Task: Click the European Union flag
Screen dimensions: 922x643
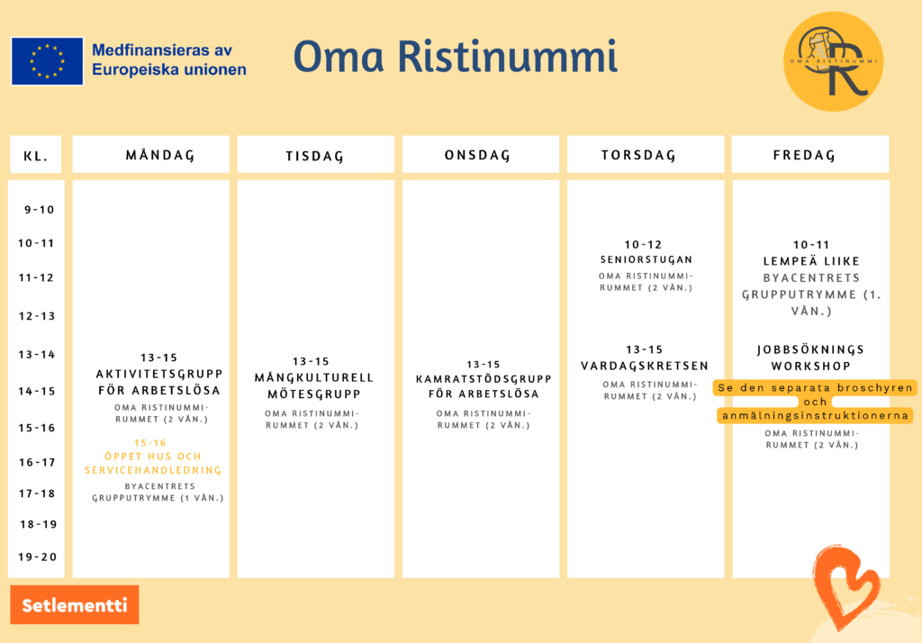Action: tap(47, 61)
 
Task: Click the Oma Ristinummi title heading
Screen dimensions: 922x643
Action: tap(455, 57)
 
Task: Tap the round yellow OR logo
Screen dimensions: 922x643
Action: tap(833, 61)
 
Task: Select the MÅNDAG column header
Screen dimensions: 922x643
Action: tap(150, 154)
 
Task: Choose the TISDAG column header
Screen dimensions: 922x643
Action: tap(316, 154)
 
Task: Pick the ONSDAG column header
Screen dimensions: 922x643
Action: tap(481, 154)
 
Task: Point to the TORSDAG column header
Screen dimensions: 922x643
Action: tap(646, 154)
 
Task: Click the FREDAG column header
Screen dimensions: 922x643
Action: tap(810, 154)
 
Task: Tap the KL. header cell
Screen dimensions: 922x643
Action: tap(36, 154)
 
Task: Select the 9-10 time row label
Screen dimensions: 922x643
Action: tap(40, 210)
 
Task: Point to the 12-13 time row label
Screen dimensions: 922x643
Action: tap(36, 316)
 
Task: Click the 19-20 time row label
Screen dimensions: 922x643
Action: tap(38, 557)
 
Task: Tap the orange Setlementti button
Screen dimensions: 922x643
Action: tap(75, 605)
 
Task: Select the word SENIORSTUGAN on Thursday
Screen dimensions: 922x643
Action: tap(646, 259)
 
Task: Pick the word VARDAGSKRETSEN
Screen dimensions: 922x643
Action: tap(645, 366)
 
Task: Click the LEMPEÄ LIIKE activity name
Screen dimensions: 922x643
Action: tap(811, 261)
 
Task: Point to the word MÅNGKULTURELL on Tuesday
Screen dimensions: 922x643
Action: tap(314, 377)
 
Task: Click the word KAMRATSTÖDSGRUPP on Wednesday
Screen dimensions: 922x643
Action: tap(484, 379)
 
